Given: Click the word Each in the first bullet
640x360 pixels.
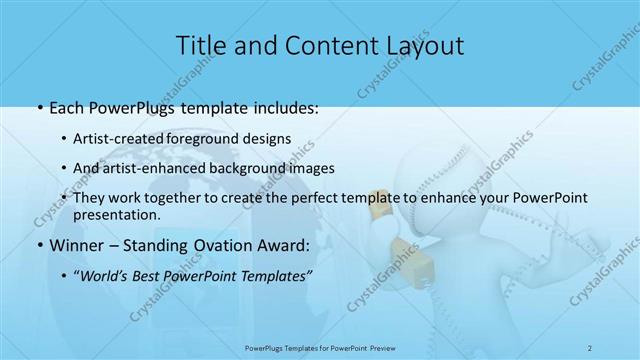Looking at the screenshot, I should pos(66,108).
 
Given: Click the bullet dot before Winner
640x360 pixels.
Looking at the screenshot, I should pos(38,244).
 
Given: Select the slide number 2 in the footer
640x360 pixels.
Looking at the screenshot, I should pos(591,347).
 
